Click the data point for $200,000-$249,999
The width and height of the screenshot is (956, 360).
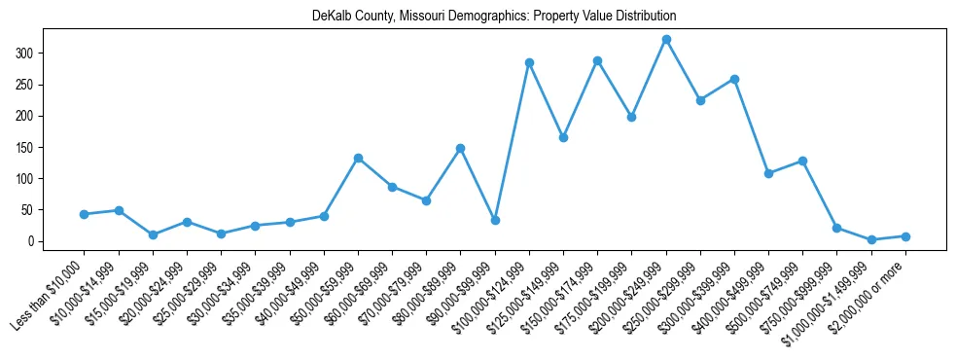666,40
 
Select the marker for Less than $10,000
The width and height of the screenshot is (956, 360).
85,214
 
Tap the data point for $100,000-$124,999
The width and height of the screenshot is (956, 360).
529,62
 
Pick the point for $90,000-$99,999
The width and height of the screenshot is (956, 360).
495,220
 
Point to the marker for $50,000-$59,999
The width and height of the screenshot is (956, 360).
358,158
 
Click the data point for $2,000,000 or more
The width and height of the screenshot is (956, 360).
905,236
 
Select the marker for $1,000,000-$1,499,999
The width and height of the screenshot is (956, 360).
871,239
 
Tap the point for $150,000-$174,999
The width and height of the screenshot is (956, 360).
597,60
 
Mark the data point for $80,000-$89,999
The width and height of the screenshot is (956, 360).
461,148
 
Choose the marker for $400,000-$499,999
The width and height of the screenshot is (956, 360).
768,173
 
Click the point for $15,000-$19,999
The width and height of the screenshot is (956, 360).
153,234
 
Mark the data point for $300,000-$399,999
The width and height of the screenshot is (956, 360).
734,79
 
